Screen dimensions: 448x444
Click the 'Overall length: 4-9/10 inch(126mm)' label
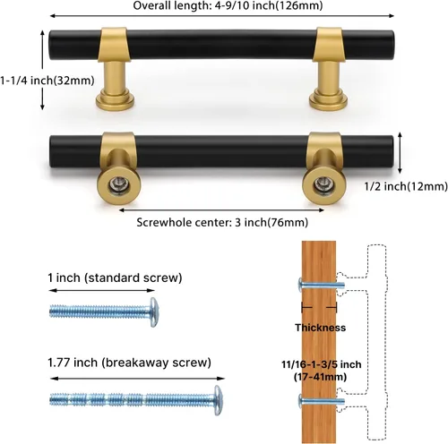click(x=228, y=5)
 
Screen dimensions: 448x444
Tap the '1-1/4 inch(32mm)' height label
click(x=47, y=81)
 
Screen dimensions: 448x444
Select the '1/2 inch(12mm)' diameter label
click(x=406, y=186)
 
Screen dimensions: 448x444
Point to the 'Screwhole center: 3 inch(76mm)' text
click(x=222, y=222)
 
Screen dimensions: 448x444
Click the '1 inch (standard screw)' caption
click(x=115, y=277)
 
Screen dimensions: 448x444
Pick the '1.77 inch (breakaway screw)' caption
click(x=129, y=363)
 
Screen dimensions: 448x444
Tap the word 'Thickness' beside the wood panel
click(x=321, y=328)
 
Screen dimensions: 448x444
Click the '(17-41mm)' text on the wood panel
click(x=320, y=377)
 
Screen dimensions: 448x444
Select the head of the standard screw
click(x=154, y=312)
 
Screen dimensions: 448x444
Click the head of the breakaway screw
click(x=219, y=400)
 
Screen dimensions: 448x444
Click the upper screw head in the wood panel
click(x=301, y=285)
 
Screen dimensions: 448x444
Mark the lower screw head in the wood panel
click(x=301, y=401)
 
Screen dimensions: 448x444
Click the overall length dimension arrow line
click(x=222, y=16)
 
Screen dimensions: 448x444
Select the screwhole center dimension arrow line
click(x=221, y=210)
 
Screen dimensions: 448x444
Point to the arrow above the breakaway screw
click(x=137, y=379)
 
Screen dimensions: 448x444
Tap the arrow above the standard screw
click(x=102, y=290)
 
